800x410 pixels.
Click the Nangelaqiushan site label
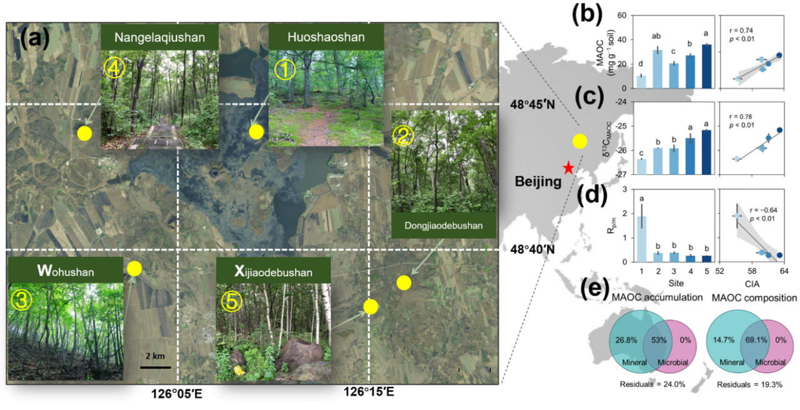(x=159, y=37)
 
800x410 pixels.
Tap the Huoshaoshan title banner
(x=326, y=37)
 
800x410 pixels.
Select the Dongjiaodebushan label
(x=444, y=226)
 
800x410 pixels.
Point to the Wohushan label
(x=66, y=271)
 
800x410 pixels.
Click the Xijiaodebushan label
(x=273, y=271)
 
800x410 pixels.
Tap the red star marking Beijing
(x=568, y=167)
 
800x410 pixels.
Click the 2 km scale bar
(x=156, y=367)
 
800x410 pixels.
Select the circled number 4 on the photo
(x=114, y=68)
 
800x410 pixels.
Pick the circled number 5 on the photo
(x=232, y=301)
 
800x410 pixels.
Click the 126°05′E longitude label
(x=176, y=394)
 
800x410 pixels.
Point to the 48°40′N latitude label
(x=532, y=249)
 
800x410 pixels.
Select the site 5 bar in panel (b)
(x=706, y=66)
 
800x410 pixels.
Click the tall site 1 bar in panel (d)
(x=641, y=239)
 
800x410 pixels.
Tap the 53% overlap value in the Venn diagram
(x=659, y=340)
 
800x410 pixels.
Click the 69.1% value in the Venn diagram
(x=756, y=340)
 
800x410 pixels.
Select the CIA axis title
(x=752, y=284)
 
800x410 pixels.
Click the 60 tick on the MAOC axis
(x=622, y=16)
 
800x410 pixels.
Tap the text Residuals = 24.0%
(x=652, y=384)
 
